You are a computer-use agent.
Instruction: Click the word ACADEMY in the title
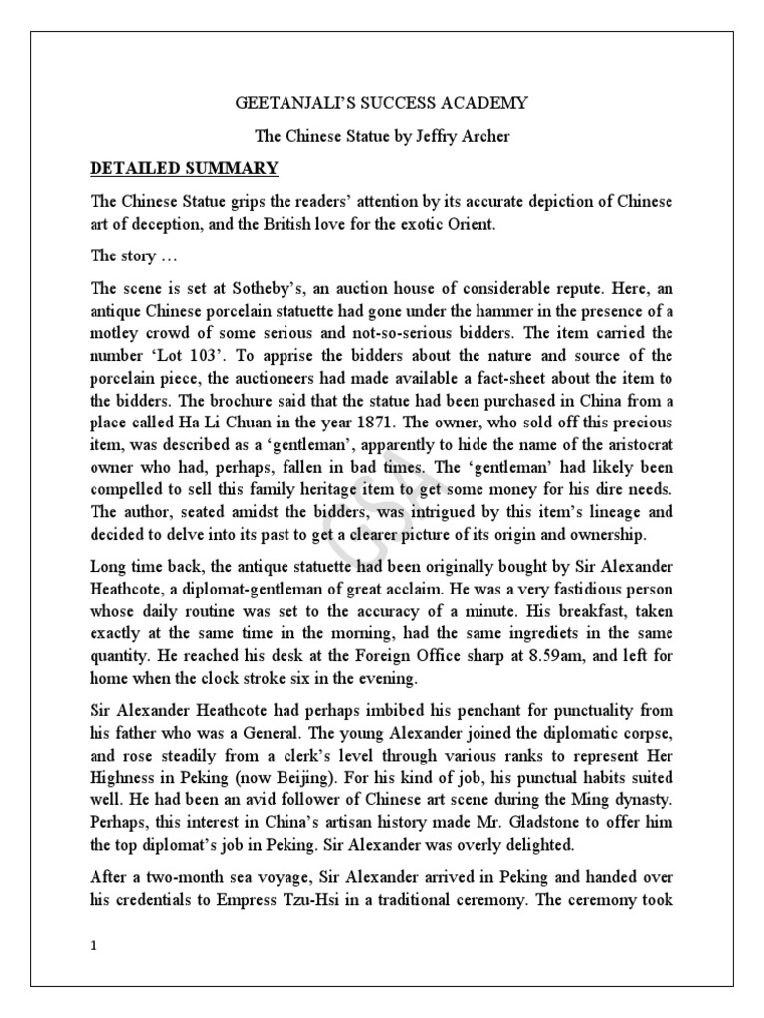489,103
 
